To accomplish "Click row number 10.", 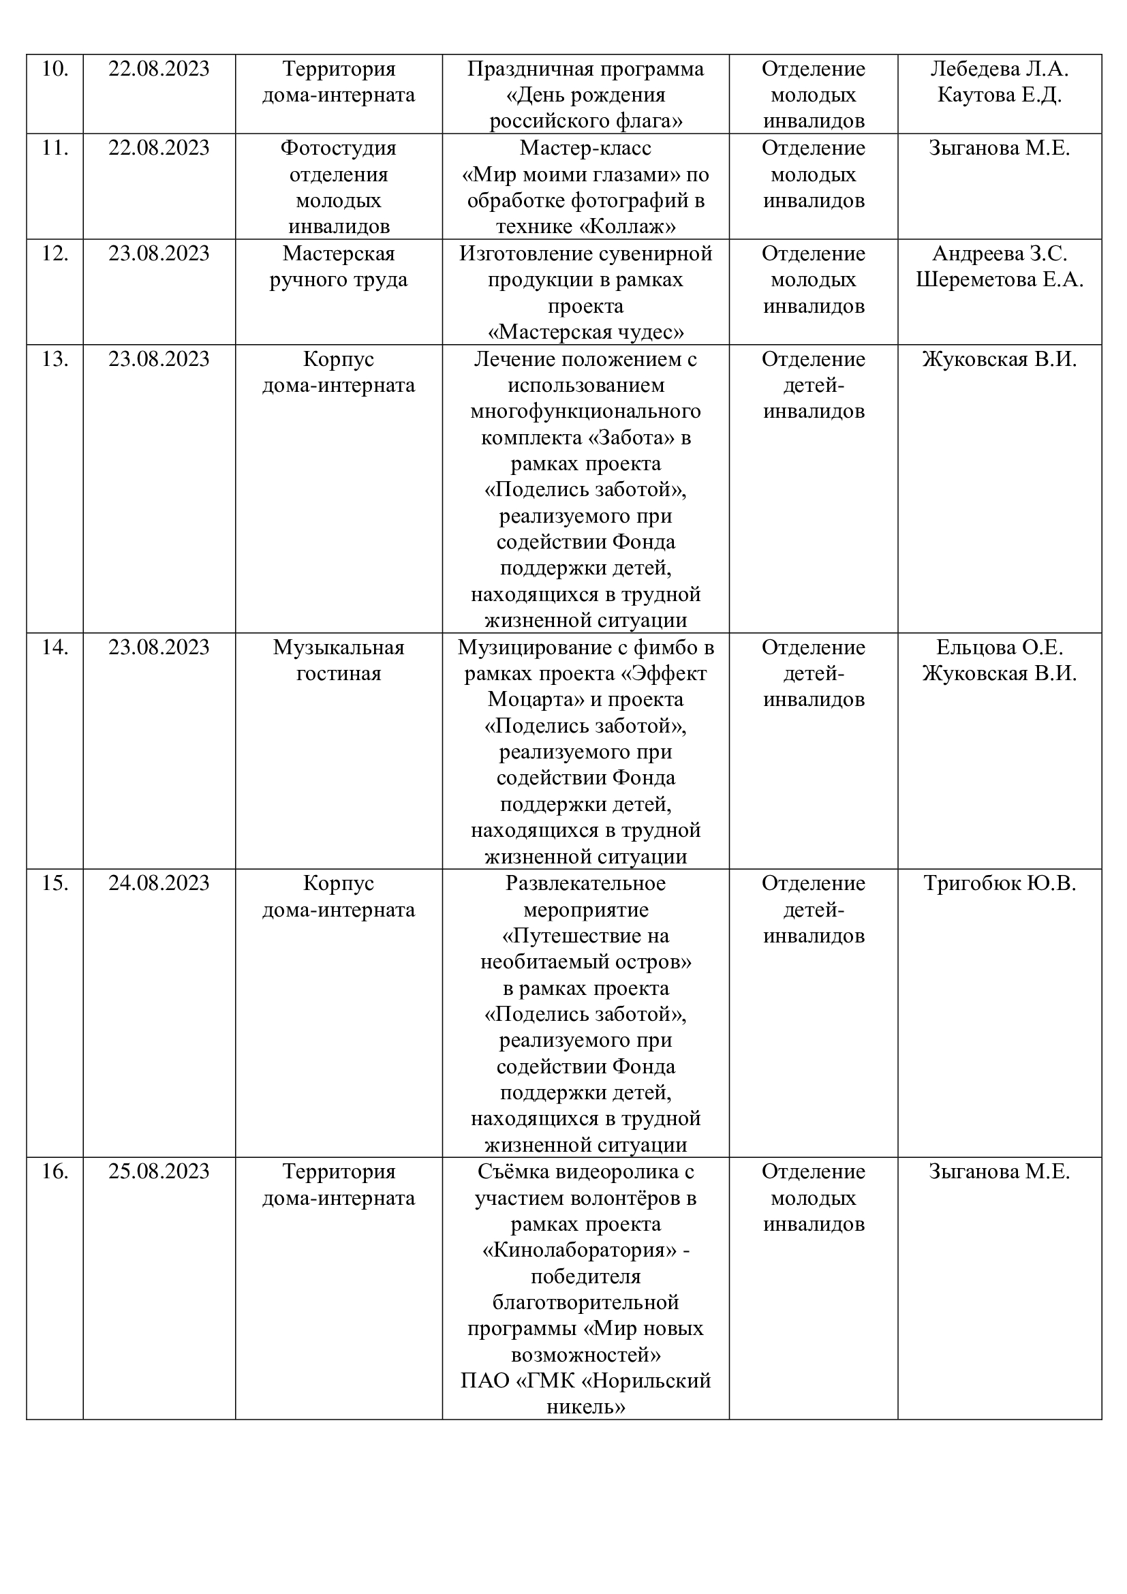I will (x=55, y=70).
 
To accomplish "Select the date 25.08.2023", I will (x=159, y=1172).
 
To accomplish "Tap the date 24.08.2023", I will (x=159, y=884).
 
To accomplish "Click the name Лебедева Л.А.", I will (x=1000, y=70).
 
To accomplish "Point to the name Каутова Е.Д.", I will (x=1000, y=95).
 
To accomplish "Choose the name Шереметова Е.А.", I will (x=1000, y=280).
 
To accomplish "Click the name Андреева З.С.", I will (x=1000, y=254).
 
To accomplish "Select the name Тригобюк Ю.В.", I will (x=1000, y=884).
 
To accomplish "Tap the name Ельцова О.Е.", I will (x=1000, y=647).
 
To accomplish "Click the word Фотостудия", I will (x=339, y=149).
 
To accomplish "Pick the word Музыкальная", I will (x=339, y=647).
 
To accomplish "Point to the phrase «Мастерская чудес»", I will (x=586, y=333).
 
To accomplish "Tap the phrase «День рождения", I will (x=586, y=95).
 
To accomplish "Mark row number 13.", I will (x=55, y=360).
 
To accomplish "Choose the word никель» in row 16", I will (x=586, y=1407).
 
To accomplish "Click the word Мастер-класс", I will (x=586, y=149).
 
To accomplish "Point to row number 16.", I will (x=55, y=1172).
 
